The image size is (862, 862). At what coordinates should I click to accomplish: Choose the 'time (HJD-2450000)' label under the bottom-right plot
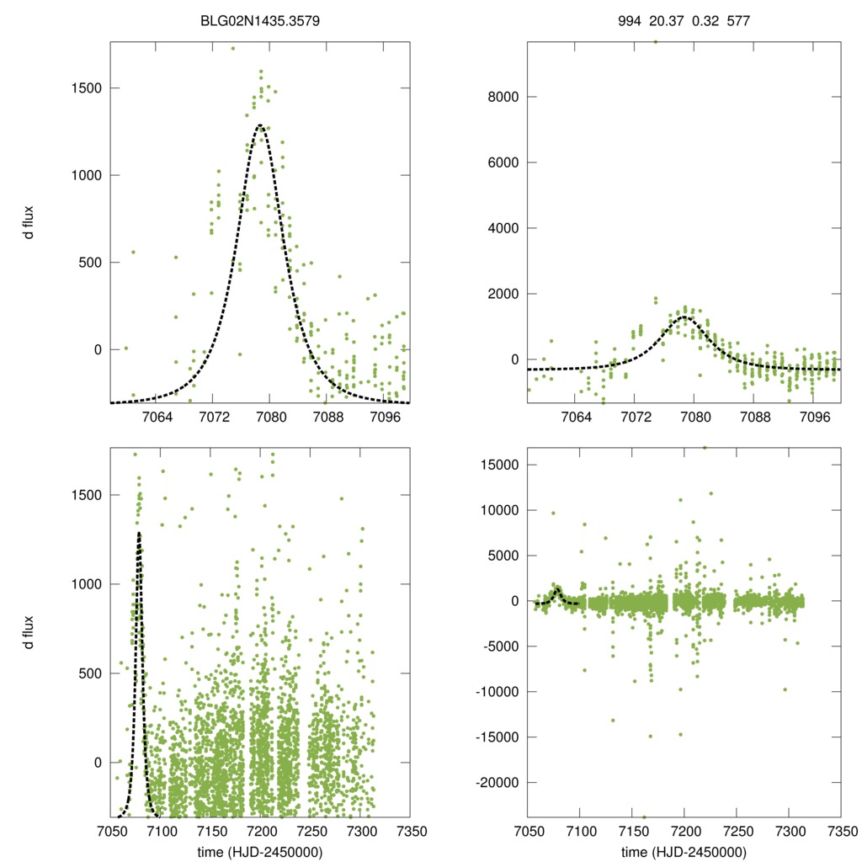coord(684,851)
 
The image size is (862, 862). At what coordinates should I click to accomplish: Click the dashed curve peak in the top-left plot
coord(259,125)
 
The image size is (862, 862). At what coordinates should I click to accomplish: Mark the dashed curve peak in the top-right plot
coord(684,317)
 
